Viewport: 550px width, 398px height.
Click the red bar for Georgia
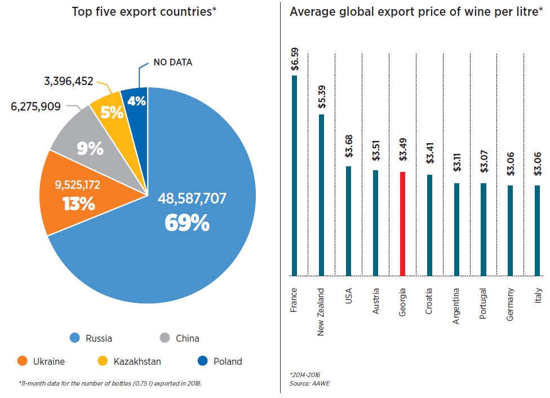point(402,223)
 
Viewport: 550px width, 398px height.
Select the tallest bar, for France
point(294,175)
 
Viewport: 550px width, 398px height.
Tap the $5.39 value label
point(321,96)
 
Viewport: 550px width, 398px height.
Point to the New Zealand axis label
point(321,312)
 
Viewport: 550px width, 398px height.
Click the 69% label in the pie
point(187,223)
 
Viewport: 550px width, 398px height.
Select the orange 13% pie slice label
point(79,204)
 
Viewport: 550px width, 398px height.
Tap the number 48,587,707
point(192,198)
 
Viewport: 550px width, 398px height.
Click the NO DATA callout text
point(172,62)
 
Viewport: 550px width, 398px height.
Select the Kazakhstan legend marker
point(103,361)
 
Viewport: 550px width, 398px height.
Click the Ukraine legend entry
point(42,361)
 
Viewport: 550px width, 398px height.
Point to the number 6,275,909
point(36,106)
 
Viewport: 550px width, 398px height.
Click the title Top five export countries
point(144,11)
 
